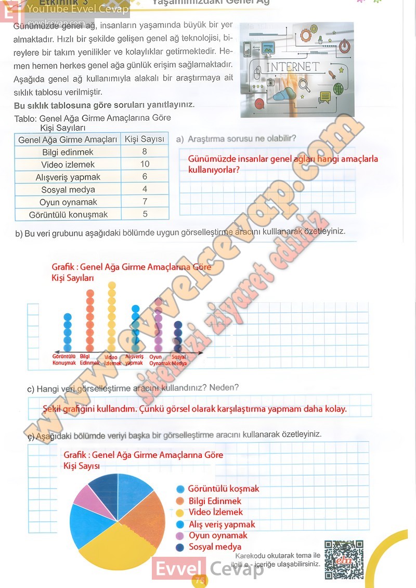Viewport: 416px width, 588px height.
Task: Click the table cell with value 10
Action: click(145, 164)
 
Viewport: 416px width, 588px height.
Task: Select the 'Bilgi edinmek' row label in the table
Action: click(68, 152)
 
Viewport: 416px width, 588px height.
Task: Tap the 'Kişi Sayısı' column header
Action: click(145, 139)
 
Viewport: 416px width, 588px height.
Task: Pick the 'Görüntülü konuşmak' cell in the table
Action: click(68, 214)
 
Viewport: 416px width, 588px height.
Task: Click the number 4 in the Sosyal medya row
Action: click(145, 189)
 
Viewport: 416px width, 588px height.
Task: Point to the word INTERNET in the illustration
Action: click(293, 67)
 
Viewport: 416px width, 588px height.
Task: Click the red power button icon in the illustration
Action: click(344, 47)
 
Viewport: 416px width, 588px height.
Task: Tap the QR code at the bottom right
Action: click(344, 560)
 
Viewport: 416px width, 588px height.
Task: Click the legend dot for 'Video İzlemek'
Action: click(180, 513)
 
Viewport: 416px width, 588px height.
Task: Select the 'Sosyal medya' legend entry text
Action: click(215, 547)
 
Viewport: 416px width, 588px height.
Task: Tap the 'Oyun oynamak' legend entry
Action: click(217, 535)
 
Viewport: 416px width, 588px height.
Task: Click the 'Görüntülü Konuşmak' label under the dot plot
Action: click(64, 360)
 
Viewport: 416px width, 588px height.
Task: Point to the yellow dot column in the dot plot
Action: click(111, 317)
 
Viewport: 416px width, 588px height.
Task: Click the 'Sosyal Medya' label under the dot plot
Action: click(179, 360)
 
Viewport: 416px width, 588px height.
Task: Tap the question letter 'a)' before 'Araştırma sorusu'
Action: click(180, 139)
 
